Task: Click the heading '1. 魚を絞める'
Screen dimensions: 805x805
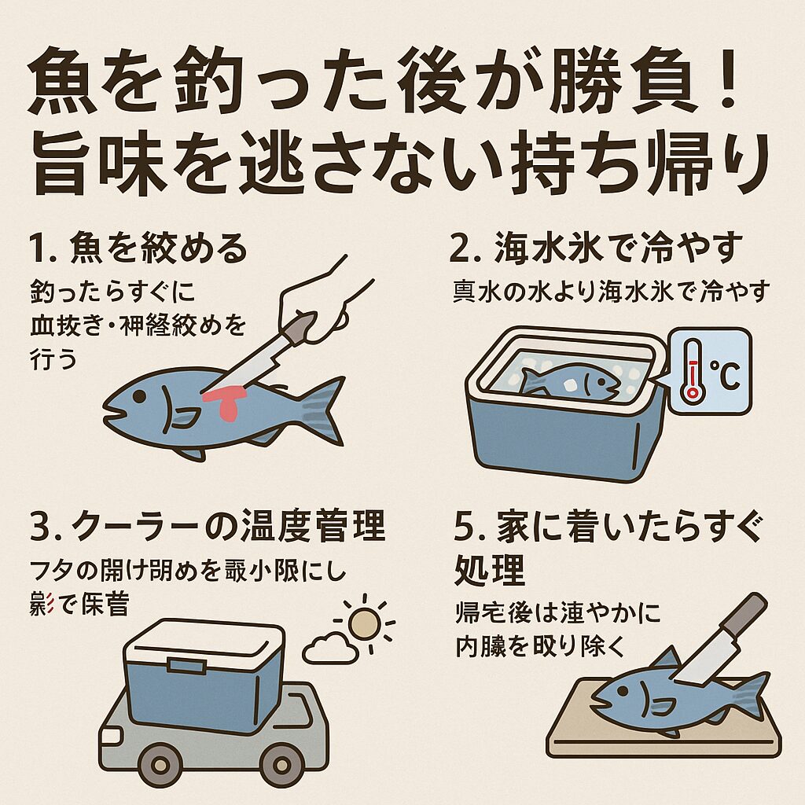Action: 137,250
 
